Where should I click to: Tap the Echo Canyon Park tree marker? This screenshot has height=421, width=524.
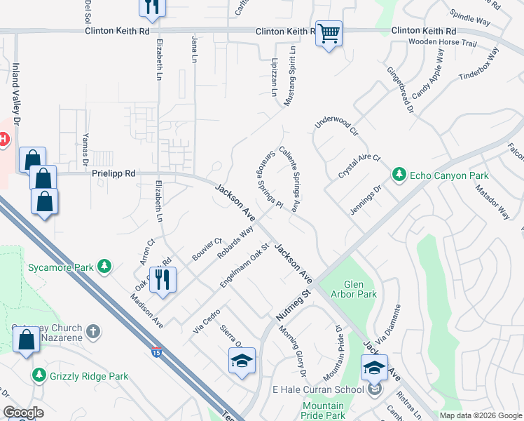(x=399, y=173)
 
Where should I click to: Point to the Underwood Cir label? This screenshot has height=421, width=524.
(x=337, y=125)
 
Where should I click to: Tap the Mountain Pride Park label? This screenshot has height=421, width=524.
(x=323, y=410)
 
